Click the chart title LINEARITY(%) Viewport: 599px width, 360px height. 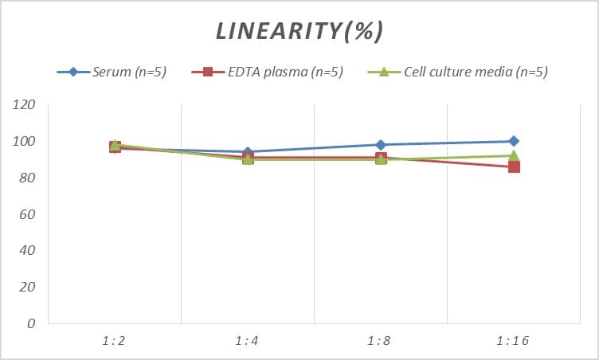click(299, 31)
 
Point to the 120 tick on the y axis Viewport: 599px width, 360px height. click(25, 105)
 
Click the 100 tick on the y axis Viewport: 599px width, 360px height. click(25, 142)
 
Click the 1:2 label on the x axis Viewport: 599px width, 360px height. click(115, 340)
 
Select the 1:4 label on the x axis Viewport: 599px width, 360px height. click(248, 340)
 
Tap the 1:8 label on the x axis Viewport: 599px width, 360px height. click(381, 340)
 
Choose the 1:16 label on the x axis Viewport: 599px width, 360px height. click(514, 340)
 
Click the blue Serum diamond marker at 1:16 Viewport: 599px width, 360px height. click(514, 141)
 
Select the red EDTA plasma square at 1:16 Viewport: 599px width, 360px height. click(514, 166)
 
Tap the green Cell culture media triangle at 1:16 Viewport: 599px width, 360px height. click(514, 156)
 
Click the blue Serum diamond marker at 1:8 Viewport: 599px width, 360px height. click(381, 145)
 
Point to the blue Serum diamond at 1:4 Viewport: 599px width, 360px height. click(248, 151)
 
